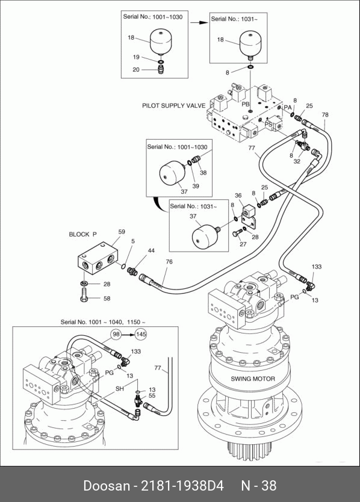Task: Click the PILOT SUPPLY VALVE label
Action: click(x=173, y=106)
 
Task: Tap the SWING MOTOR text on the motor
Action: click(x=253, y=379)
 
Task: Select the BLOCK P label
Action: click(x=82, y=234)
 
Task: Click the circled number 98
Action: click(x=117, y=334)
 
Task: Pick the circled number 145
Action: click(x=141, y=335)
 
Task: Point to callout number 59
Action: click(x=122, y=232)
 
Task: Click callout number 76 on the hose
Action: click(x=169, y=262)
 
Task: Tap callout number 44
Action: click(x=151, y=250)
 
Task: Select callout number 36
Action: click(x=238, y=196)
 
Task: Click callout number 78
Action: click(x=324, y=114)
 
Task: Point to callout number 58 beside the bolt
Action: click(x=107, y=299)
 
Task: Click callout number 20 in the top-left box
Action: click(x=136, y=69)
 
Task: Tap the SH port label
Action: click(x=119, y=389)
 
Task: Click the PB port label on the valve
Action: click(x=246, y=104)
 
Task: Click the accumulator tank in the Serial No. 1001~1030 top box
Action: click(x=161, y=40)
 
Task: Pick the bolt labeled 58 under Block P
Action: click(x=84, y=294)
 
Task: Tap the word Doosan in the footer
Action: click(x=107, y=485)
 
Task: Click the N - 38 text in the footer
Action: click(x=259, y=485)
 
